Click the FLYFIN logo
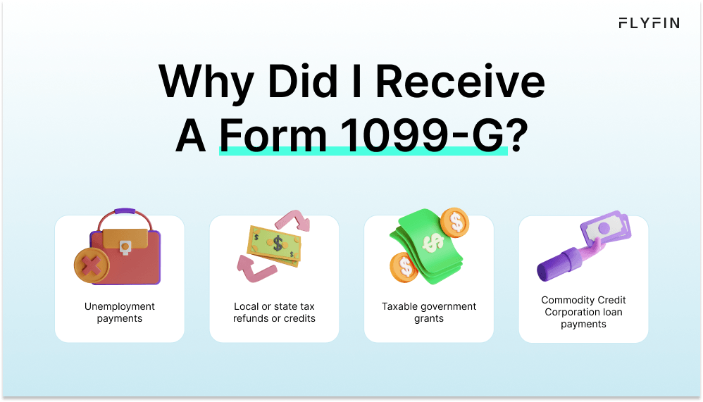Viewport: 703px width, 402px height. pyautogui.click(x=649, y=23)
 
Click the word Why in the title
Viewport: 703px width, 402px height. pyautogui.click(x=206, y=83)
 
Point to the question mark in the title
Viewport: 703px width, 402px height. pyautogui.click(x=518, y=134)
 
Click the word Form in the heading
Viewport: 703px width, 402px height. pyautogui.click(x=273, y=135)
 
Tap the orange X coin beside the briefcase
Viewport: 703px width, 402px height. pyautogui.click(x=92, y=265)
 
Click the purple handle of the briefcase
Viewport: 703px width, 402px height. pyautogui.click(x=125, y=211)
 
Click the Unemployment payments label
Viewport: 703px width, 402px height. pyautogui.click(x=120, y=313)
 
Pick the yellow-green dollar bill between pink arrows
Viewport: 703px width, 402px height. pyautogui.click(x=274, y=246)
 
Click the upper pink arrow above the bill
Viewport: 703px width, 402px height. pyautogui.click(x=293, y=220)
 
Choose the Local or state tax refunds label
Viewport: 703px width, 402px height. pyautogui.click(x=274, y=313)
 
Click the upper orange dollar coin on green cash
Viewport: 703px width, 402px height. pyautogui.click(x=454, y=222)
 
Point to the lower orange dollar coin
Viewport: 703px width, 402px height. pyautogui.click(x=404, y=267)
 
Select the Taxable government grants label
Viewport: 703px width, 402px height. pyautogui.click(x=429, y=313)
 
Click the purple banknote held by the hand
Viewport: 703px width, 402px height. pyautogui.click(x=606, y=228)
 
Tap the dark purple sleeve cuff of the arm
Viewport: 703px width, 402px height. pyautogui.click(x=571, y=257)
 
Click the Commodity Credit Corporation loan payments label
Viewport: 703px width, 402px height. pyautogui.click(x=583, y=312)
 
